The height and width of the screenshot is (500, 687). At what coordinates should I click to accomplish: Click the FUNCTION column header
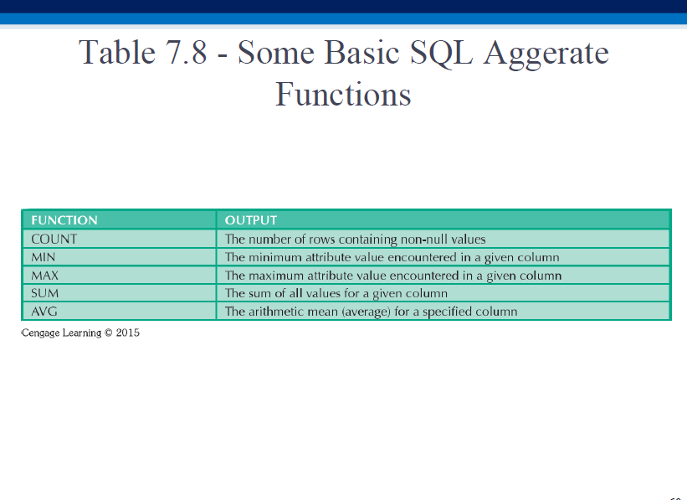(64, 220)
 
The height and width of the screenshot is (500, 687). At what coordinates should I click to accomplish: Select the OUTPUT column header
(251, 220)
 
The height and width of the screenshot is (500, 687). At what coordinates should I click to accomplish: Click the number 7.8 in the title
(186, 53)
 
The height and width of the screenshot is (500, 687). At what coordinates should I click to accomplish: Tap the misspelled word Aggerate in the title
(546, 54)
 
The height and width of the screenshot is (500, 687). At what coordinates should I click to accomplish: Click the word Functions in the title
(343, 94)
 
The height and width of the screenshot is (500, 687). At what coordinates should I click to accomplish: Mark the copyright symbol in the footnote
(109, 332)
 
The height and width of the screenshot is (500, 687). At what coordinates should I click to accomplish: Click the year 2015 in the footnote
(128, 332)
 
